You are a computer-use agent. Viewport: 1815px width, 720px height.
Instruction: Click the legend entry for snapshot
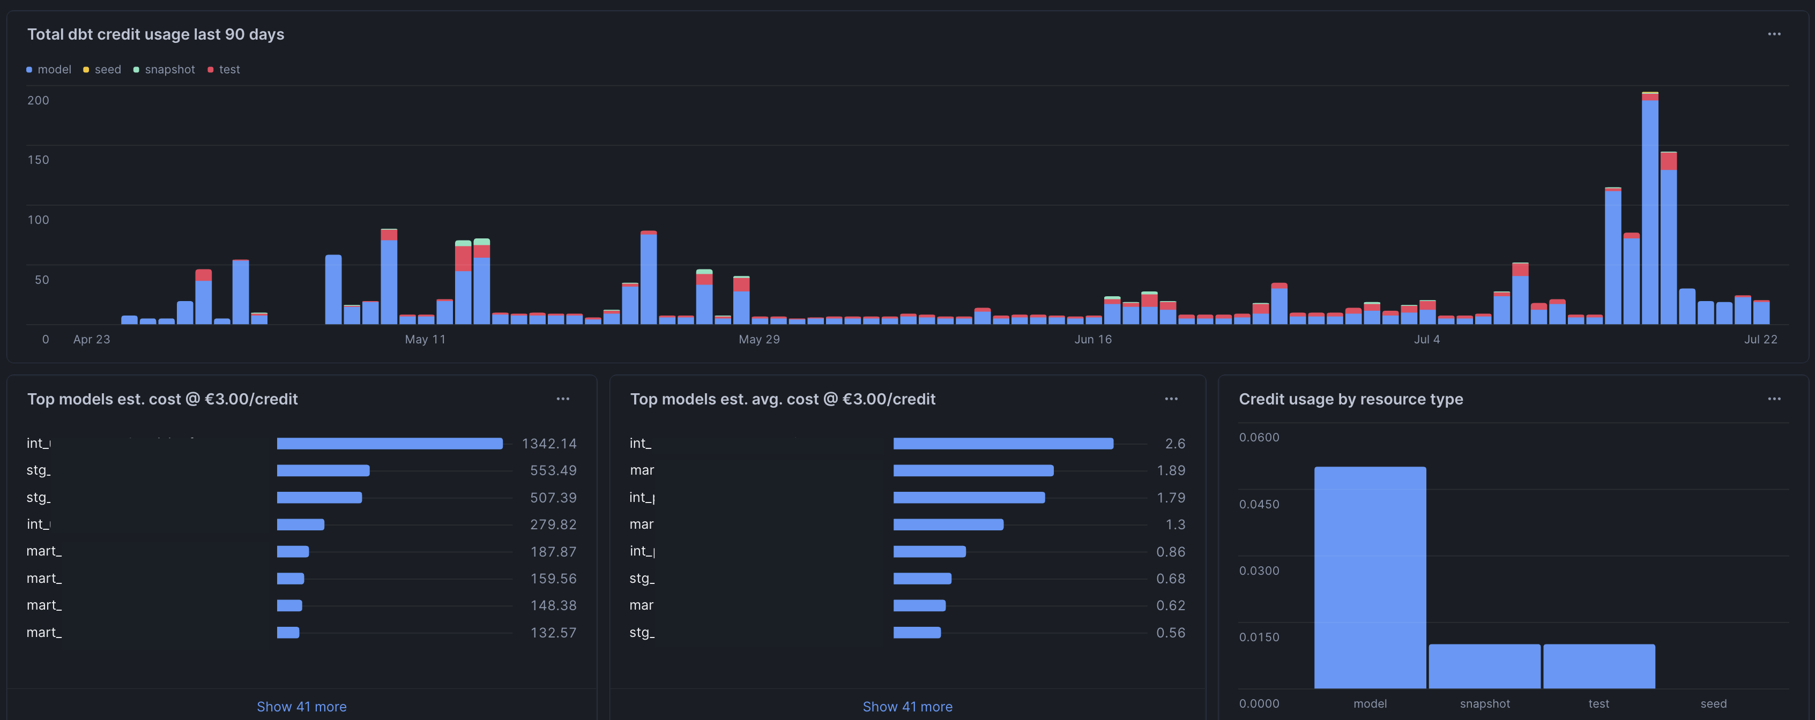coord(169,70)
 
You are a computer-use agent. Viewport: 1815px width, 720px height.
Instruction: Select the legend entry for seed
coord(107,70)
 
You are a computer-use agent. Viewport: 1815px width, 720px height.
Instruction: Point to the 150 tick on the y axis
coord(38,160)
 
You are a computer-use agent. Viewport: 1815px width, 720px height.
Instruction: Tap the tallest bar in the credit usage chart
coord(1649,212)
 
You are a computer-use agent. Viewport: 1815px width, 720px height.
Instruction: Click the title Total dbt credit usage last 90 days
coord(155,34)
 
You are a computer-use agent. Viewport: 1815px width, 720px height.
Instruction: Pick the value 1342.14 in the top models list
coord(549,444)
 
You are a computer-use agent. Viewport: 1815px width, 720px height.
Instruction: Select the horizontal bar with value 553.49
coord(323,470)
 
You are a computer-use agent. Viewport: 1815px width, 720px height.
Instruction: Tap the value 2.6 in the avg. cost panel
coord(1174,444)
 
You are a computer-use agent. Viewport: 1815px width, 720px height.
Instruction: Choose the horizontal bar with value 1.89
coord(973,470)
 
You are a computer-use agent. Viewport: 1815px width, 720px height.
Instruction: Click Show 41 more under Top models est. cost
coord(302,707)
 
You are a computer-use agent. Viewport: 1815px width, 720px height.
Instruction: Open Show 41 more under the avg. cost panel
coord(907,707)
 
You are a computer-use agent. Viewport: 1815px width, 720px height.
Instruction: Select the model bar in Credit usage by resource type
coord(1370,577)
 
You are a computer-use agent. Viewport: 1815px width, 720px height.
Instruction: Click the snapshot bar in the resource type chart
coord(1484,666)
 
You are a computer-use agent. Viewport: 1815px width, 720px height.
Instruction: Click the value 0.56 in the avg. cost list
coord(1170,633)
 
